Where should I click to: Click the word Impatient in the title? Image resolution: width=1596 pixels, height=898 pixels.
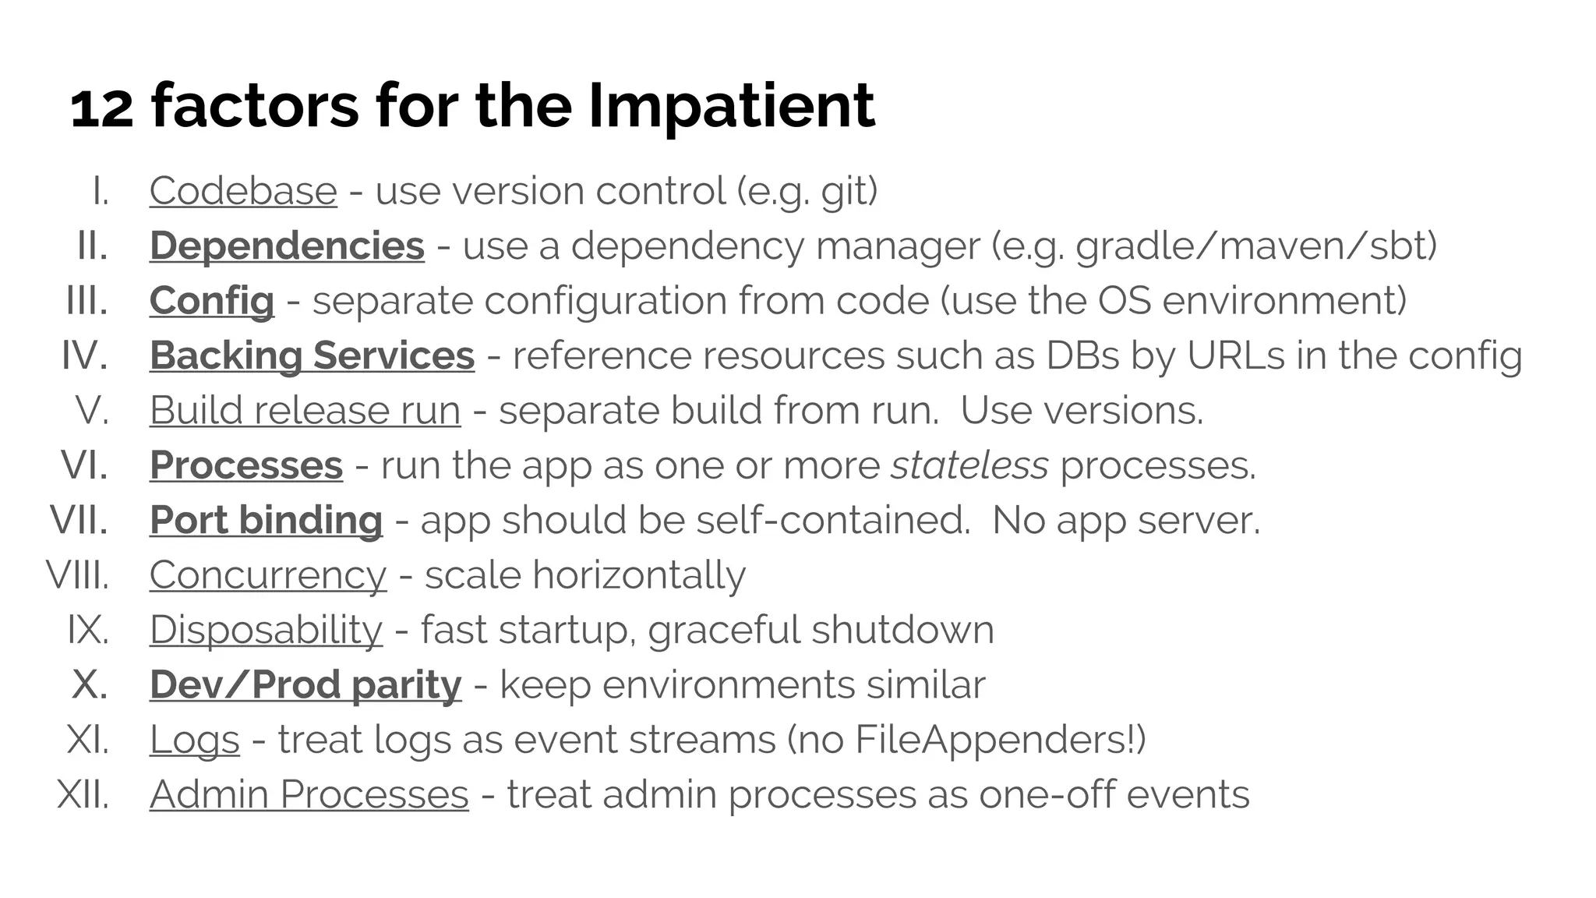731,107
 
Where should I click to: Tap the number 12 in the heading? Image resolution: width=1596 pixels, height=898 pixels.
101,108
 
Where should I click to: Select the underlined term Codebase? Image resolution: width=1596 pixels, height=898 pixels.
243,191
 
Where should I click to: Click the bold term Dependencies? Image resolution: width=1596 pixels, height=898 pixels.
287,246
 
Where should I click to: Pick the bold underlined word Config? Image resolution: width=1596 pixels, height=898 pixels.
212,301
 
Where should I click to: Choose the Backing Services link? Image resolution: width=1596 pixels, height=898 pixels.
312,356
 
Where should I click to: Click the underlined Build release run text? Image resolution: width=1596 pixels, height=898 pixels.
305,411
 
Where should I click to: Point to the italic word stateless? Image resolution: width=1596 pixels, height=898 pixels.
969,465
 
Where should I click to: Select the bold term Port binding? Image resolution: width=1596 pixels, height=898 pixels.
266,521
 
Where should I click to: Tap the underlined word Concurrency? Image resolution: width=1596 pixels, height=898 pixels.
267,575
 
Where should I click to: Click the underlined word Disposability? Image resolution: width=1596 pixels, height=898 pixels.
266,630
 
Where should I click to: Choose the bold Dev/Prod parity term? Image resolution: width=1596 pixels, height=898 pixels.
305,685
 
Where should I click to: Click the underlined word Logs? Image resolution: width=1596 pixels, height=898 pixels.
194,740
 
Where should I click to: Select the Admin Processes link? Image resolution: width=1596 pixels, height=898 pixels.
309,794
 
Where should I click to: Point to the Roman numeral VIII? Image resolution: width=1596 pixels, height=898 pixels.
77,575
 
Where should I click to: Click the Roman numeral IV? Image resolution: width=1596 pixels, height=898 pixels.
84,356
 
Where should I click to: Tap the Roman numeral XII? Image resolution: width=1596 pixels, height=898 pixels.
83,794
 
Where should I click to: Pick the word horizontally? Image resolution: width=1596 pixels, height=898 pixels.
638,575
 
